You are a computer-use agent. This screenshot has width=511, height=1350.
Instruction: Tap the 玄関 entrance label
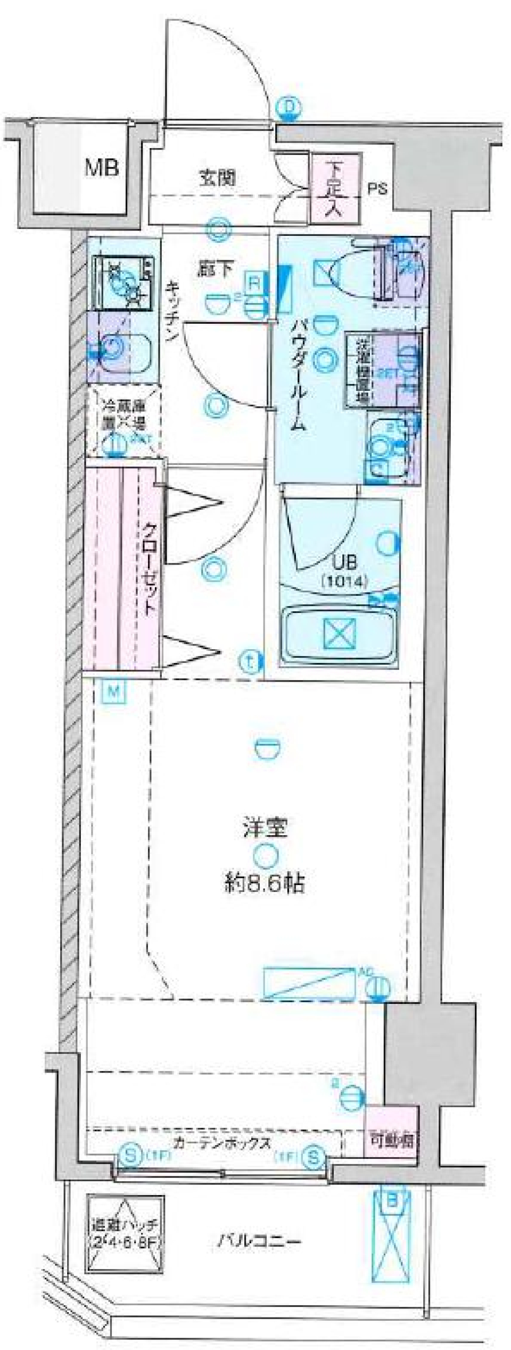coord(218,178)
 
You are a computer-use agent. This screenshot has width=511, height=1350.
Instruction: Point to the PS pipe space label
coord(378,189)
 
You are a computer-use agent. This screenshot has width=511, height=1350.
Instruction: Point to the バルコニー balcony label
coord(259,1241)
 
